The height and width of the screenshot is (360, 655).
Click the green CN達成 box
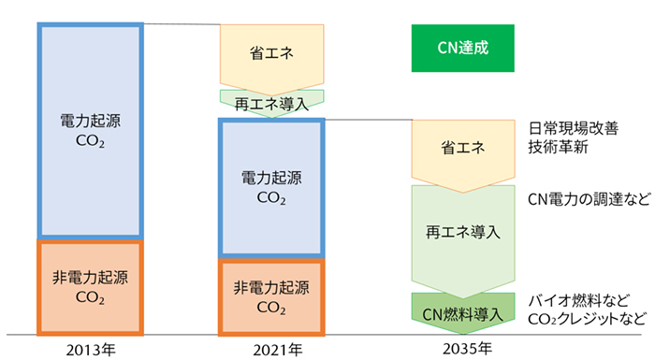462,48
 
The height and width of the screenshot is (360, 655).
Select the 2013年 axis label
90,349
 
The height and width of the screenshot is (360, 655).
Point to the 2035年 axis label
463,349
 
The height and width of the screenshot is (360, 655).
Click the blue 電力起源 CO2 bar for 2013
90,131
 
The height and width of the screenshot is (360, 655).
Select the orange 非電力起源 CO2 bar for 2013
90,287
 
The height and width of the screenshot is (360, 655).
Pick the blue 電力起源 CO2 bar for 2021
270,187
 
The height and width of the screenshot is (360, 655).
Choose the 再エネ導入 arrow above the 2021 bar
270,101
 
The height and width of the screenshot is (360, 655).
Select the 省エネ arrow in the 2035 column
463,150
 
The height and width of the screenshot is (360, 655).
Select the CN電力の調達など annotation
583,197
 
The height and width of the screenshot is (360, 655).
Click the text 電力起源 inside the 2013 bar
90,122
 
